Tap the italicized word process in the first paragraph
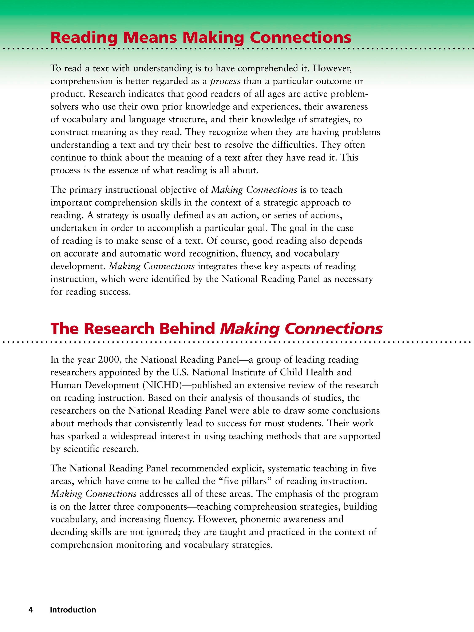pos(225,82)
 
